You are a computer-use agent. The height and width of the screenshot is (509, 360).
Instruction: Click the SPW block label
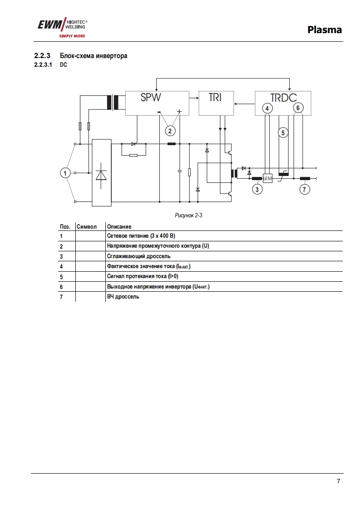click(x=151, y=98)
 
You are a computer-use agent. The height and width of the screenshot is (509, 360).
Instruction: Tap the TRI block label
click(x=215, y=98)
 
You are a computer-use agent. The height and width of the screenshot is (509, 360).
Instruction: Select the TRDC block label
click(x=283, y=98)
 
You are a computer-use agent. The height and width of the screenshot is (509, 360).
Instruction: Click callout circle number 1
click(x=66, y=173)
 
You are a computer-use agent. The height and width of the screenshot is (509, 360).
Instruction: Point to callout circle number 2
click(x=170, y=131)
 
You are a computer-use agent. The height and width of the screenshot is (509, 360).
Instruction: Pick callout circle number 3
click(x=257, y=189)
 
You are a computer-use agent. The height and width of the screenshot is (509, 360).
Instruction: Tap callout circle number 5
click(x=283, y=133)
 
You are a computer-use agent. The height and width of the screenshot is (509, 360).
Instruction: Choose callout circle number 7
click(x=305, y=189)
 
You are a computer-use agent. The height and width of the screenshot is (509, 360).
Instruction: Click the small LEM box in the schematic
click(x=267, y=178)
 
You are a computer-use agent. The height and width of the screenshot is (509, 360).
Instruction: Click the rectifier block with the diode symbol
click(x=101, y=173)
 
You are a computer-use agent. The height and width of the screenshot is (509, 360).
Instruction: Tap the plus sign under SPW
click(x=179, y=112)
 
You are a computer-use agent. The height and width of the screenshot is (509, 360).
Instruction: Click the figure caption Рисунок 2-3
click(x=188, y=215)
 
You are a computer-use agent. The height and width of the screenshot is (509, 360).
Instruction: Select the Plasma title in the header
click(x=324, y=30)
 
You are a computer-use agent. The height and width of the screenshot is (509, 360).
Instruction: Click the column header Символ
click(x=87, y=226)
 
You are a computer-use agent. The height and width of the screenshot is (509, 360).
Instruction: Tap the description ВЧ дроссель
click(x=123, y=297)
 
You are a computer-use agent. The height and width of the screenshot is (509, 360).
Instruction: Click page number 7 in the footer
click(x=338, y=481)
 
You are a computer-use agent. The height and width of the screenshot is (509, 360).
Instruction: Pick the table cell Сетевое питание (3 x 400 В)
click(x=141, y=236)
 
